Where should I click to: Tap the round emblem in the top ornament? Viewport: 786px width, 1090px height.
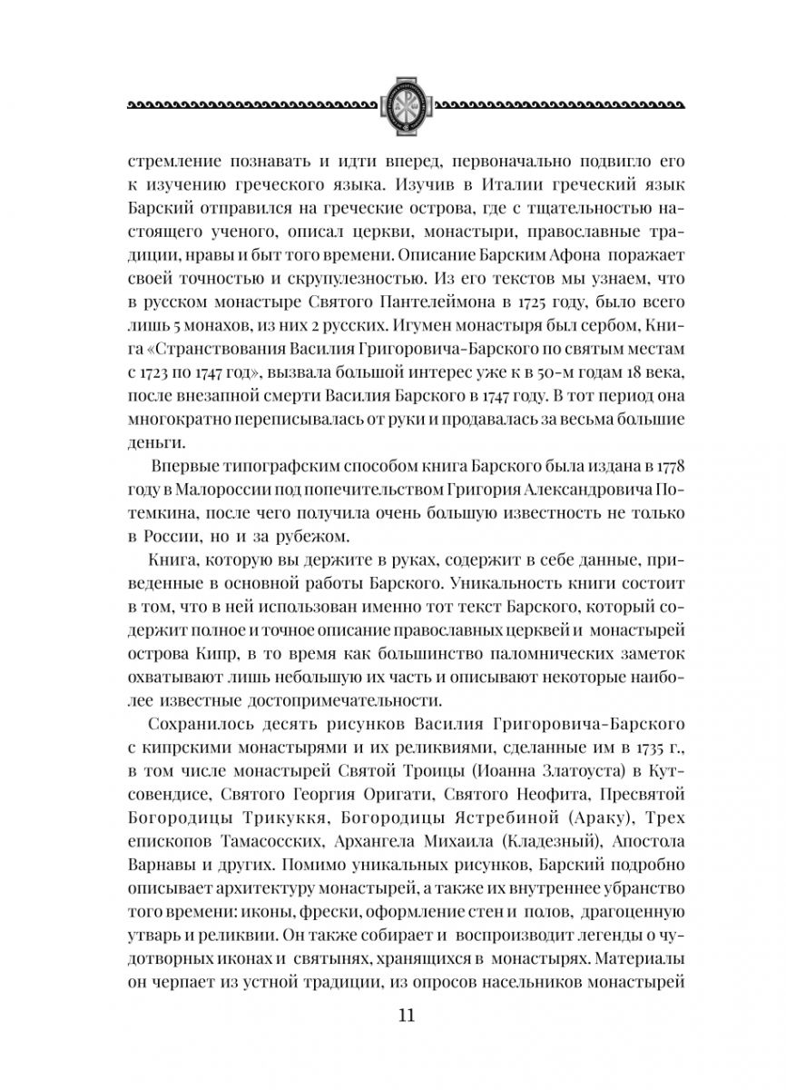393,104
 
